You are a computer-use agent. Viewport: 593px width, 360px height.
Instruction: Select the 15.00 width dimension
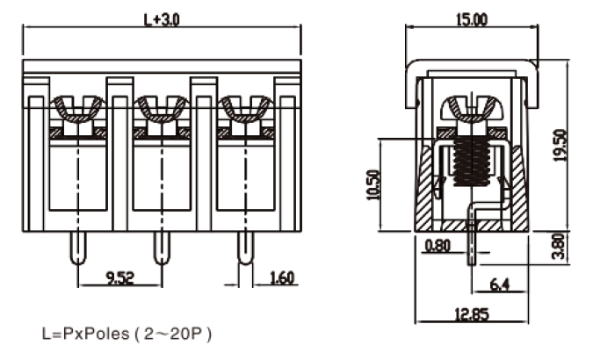click(x=470, y=19)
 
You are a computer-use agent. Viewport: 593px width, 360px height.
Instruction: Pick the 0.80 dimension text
click(x=437, y=247)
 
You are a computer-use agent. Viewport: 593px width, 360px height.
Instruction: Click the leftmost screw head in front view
click(x=77, y=109)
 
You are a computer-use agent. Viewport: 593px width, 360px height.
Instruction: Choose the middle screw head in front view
click(x=161, y=109)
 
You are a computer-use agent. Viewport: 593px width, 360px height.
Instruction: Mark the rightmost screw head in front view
click(x=244, y=109)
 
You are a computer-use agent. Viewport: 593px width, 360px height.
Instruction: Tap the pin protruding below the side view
click(x=474, y=250)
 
